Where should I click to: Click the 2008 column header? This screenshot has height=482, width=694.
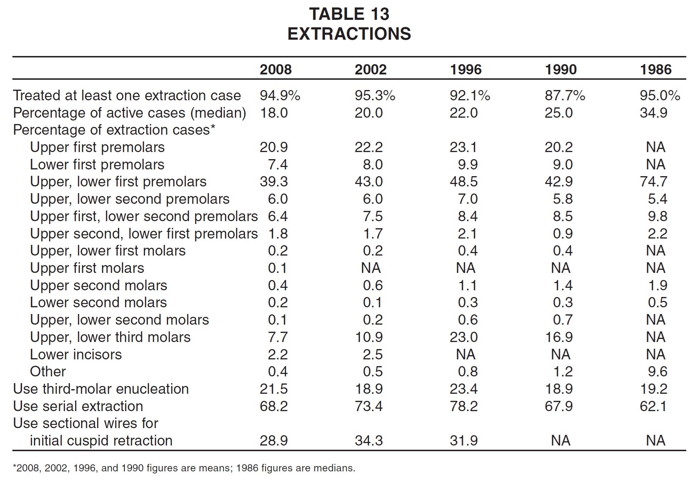tap(275, 69)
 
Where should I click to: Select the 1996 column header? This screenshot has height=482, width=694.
tap(466, 69)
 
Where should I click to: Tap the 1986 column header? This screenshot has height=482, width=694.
tap(656, 69)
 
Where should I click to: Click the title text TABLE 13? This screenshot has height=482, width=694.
tap(349, 14)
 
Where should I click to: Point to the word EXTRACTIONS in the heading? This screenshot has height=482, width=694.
tap(349, 34)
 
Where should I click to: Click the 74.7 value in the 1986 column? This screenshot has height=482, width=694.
tap(654, 182)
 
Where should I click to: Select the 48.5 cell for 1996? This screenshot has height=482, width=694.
tap(464, 182)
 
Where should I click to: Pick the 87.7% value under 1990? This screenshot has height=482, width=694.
tap(565, 95)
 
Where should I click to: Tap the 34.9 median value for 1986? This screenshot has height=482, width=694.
tap(654, 113)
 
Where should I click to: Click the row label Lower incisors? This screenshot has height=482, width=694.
tap(76, 354)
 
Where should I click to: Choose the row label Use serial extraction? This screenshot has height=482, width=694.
tap(78, 406)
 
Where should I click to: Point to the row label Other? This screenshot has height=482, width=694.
tap(48, 372)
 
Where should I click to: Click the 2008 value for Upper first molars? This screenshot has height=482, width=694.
tap(278, 268)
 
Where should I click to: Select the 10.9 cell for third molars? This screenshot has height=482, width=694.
tap(369, 337)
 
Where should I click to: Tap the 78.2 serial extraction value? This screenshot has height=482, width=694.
tap(464, 406)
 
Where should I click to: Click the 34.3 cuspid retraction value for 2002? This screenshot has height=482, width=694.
tap(369, 441)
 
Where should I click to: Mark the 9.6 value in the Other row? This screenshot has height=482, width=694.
tap(657, 372)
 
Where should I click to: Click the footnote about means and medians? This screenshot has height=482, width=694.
tap(184, 468)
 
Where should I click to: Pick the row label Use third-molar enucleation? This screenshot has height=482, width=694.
tap(101, 389)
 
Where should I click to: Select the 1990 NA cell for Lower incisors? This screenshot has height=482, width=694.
tap(560, 354)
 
